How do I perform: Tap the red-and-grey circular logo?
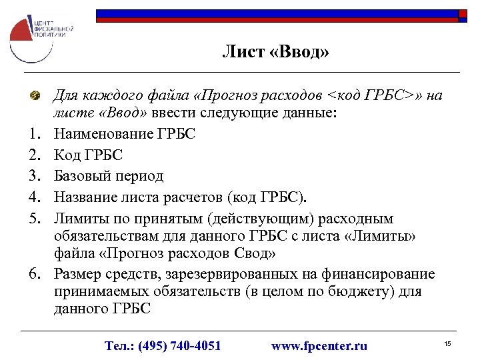pyautogui.click(x=26, y=39)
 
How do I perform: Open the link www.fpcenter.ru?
pyautogui.click(x=319, y=345)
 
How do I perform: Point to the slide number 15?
pyautogui.click(x=448, y=343)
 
